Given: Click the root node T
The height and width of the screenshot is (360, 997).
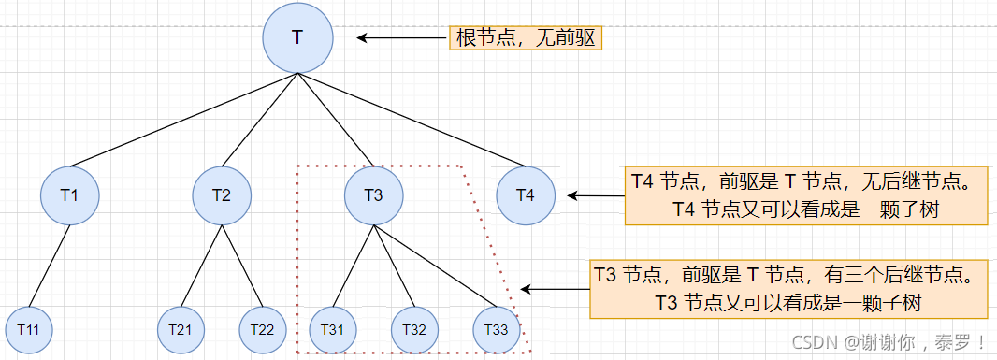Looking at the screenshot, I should pyautogui.click(x=297, y=37).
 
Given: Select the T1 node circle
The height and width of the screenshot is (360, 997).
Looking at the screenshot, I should pyautogui.click(x=70, y=195).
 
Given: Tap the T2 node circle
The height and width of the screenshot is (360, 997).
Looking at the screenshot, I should pyautogui.click(x=222, y=195).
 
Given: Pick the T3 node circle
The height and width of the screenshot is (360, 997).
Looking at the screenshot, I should pyautogui.click(x=373, y=195).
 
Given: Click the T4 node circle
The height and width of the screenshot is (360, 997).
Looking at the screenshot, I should pyautogui.click(x=525, y=195).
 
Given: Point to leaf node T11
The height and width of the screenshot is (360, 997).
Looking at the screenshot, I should pyautogui.click(x=28, y=329).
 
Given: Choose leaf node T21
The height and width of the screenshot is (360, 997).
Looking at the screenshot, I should pyautogui.click(x=181, y=329).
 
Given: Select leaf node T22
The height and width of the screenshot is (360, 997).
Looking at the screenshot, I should pyautogui.click(x=263, y=329).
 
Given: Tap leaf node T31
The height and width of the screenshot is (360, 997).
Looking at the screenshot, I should pyautogui.click(x=332, y=329).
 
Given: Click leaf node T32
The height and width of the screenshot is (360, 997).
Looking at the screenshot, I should pyautogui.click(x=414, y=329).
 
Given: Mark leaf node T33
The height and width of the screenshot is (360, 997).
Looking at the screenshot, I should pyautogui.click(x=497, y=329).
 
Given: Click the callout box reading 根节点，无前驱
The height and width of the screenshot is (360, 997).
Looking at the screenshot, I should pyautogui.click(x=526, y=38).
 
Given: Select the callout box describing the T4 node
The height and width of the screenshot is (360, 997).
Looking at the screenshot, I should pyautogui.click(x=805, y=195).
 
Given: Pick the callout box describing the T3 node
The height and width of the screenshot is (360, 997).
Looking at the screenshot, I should pyautogui.click(x=788, y=289).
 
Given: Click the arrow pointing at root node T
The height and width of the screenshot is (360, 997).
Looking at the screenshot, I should pyautogui.click(x=402, y=38).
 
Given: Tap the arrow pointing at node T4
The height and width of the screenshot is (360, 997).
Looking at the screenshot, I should pyautogui.click(x=596, y=196).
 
